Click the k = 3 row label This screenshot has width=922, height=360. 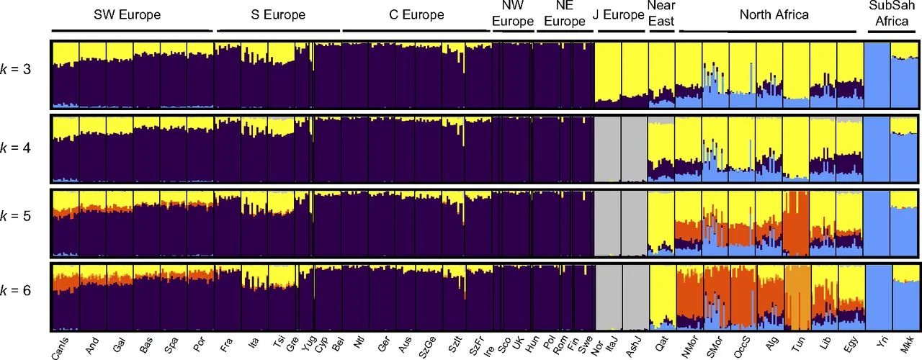click(19, 73)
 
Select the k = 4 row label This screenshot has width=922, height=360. click(19, 148)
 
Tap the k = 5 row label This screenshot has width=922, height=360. click(19, 221)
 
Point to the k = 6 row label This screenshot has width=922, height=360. click(19, 294)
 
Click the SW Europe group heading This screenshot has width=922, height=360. click(132, 14)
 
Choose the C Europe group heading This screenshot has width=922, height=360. click(413, 14)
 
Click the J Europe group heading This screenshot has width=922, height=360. click(618, 14)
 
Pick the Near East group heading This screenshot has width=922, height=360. click(661, 14)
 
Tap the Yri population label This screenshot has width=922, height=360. click(872, 340)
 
